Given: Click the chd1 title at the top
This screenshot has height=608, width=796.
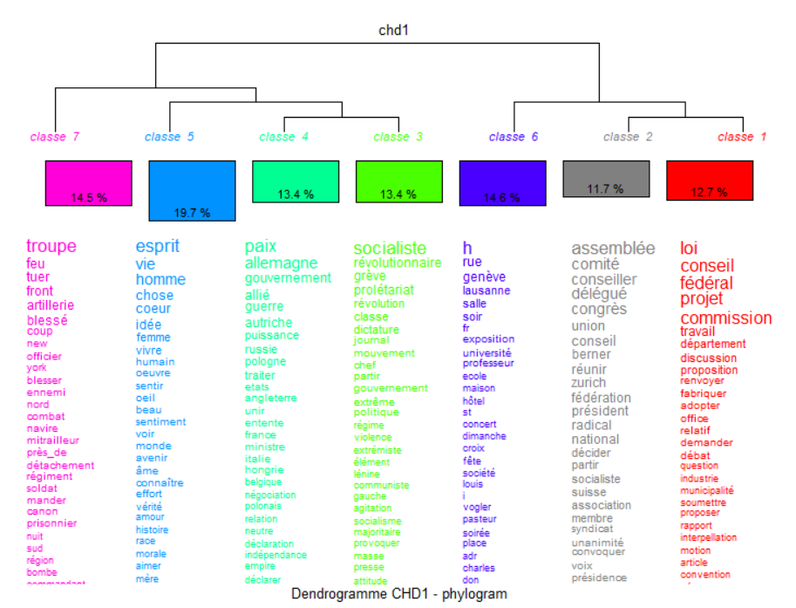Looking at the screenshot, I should [393, 31].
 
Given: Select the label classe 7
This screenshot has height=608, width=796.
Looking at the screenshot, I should [54, 137].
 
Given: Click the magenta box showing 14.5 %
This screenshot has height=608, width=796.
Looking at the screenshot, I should [88, 183].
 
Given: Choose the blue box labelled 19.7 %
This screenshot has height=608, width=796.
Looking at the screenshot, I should [192, 190].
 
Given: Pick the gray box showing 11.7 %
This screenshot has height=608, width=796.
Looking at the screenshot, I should [605, 178].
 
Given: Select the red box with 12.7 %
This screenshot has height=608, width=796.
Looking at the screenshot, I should [709, 180].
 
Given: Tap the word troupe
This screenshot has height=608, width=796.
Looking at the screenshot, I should [51, 247].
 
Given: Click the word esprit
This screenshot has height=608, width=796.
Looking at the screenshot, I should [157, 246].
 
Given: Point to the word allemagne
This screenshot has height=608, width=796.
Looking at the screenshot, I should [281, 263].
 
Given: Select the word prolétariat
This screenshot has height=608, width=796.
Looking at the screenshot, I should [384, 290].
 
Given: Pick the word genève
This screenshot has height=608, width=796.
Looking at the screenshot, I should [484, 277].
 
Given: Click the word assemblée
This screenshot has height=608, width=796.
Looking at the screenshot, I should [613, 249].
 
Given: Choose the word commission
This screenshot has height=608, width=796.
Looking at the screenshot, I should [725, 318].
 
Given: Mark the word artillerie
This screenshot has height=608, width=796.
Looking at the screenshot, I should [50, 305].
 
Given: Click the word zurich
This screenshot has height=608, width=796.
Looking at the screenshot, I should [588, 383].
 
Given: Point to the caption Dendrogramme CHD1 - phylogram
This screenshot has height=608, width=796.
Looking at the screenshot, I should [398, 594].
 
